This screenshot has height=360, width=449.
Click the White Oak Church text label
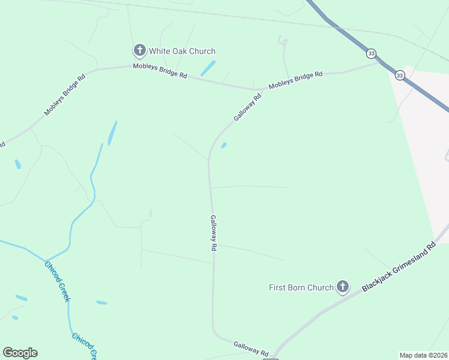182,51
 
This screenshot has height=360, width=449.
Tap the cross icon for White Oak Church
139,50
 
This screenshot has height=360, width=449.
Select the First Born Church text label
301,287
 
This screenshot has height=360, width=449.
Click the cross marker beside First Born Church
343,287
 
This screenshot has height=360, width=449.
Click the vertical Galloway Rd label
213,233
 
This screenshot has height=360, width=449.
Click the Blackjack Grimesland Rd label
398,268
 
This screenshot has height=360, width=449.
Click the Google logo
20,353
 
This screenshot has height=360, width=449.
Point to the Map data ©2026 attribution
423,355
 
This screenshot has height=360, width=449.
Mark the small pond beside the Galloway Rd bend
224,145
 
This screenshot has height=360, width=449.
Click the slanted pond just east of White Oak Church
208,67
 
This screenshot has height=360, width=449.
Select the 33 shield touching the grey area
400,75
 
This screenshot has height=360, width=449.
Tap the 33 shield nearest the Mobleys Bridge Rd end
372,53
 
